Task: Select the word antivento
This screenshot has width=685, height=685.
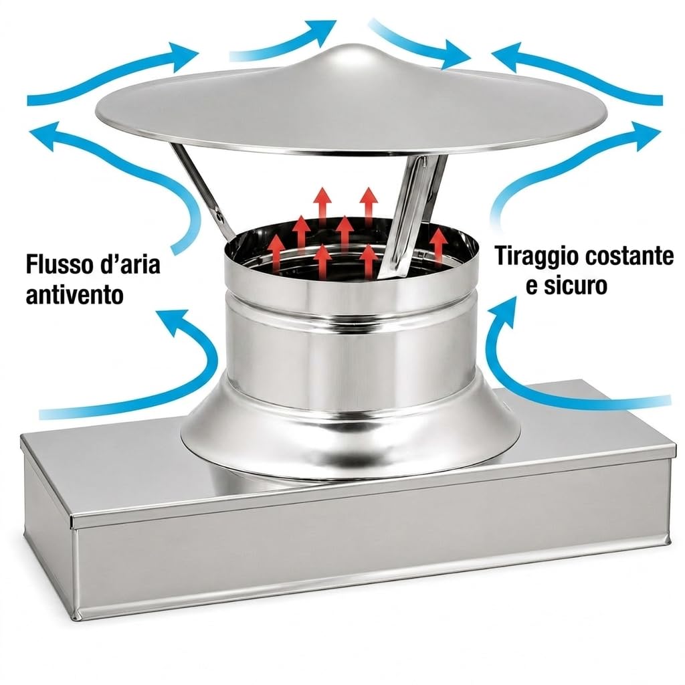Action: [75, 295]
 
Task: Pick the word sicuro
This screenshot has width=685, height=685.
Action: [576, 286]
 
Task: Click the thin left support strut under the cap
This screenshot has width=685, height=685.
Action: [203, 192]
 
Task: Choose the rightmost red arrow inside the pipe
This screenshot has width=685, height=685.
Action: [439, 246]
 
